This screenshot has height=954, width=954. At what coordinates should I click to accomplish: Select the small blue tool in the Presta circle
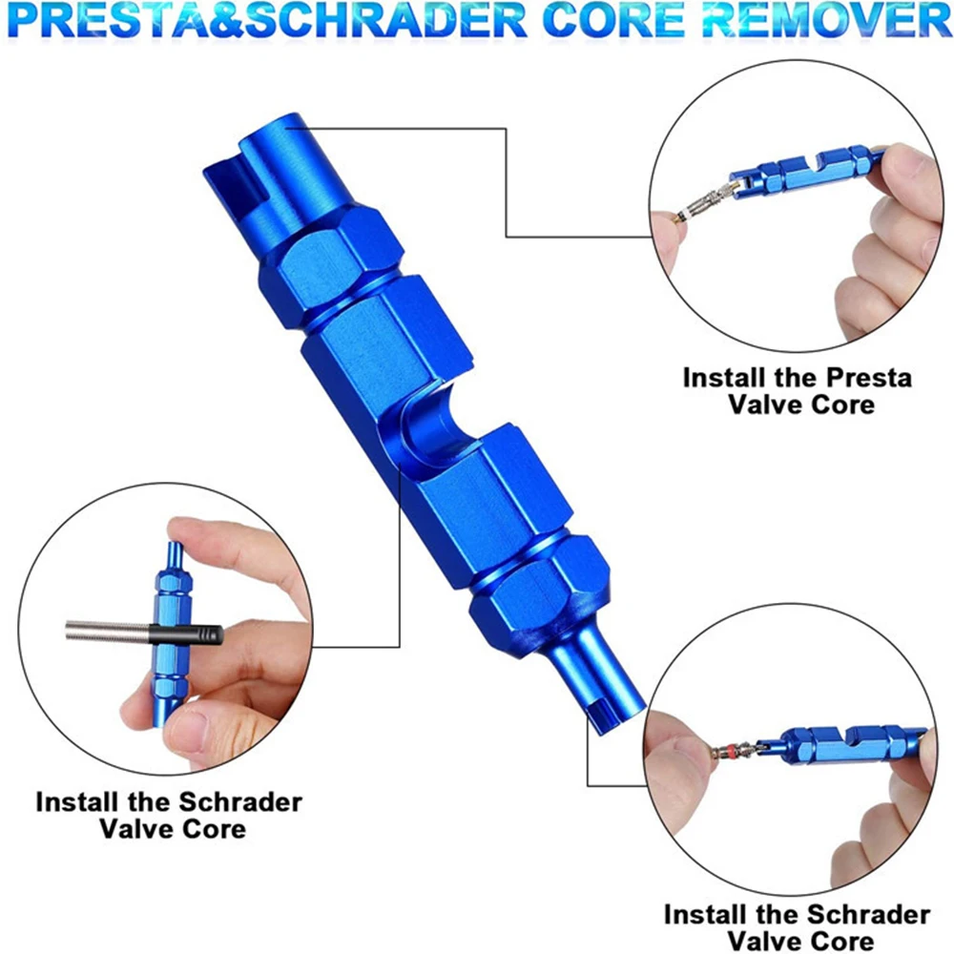[801, 170]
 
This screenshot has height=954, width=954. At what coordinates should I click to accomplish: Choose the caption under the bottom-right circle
[797, 927]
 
